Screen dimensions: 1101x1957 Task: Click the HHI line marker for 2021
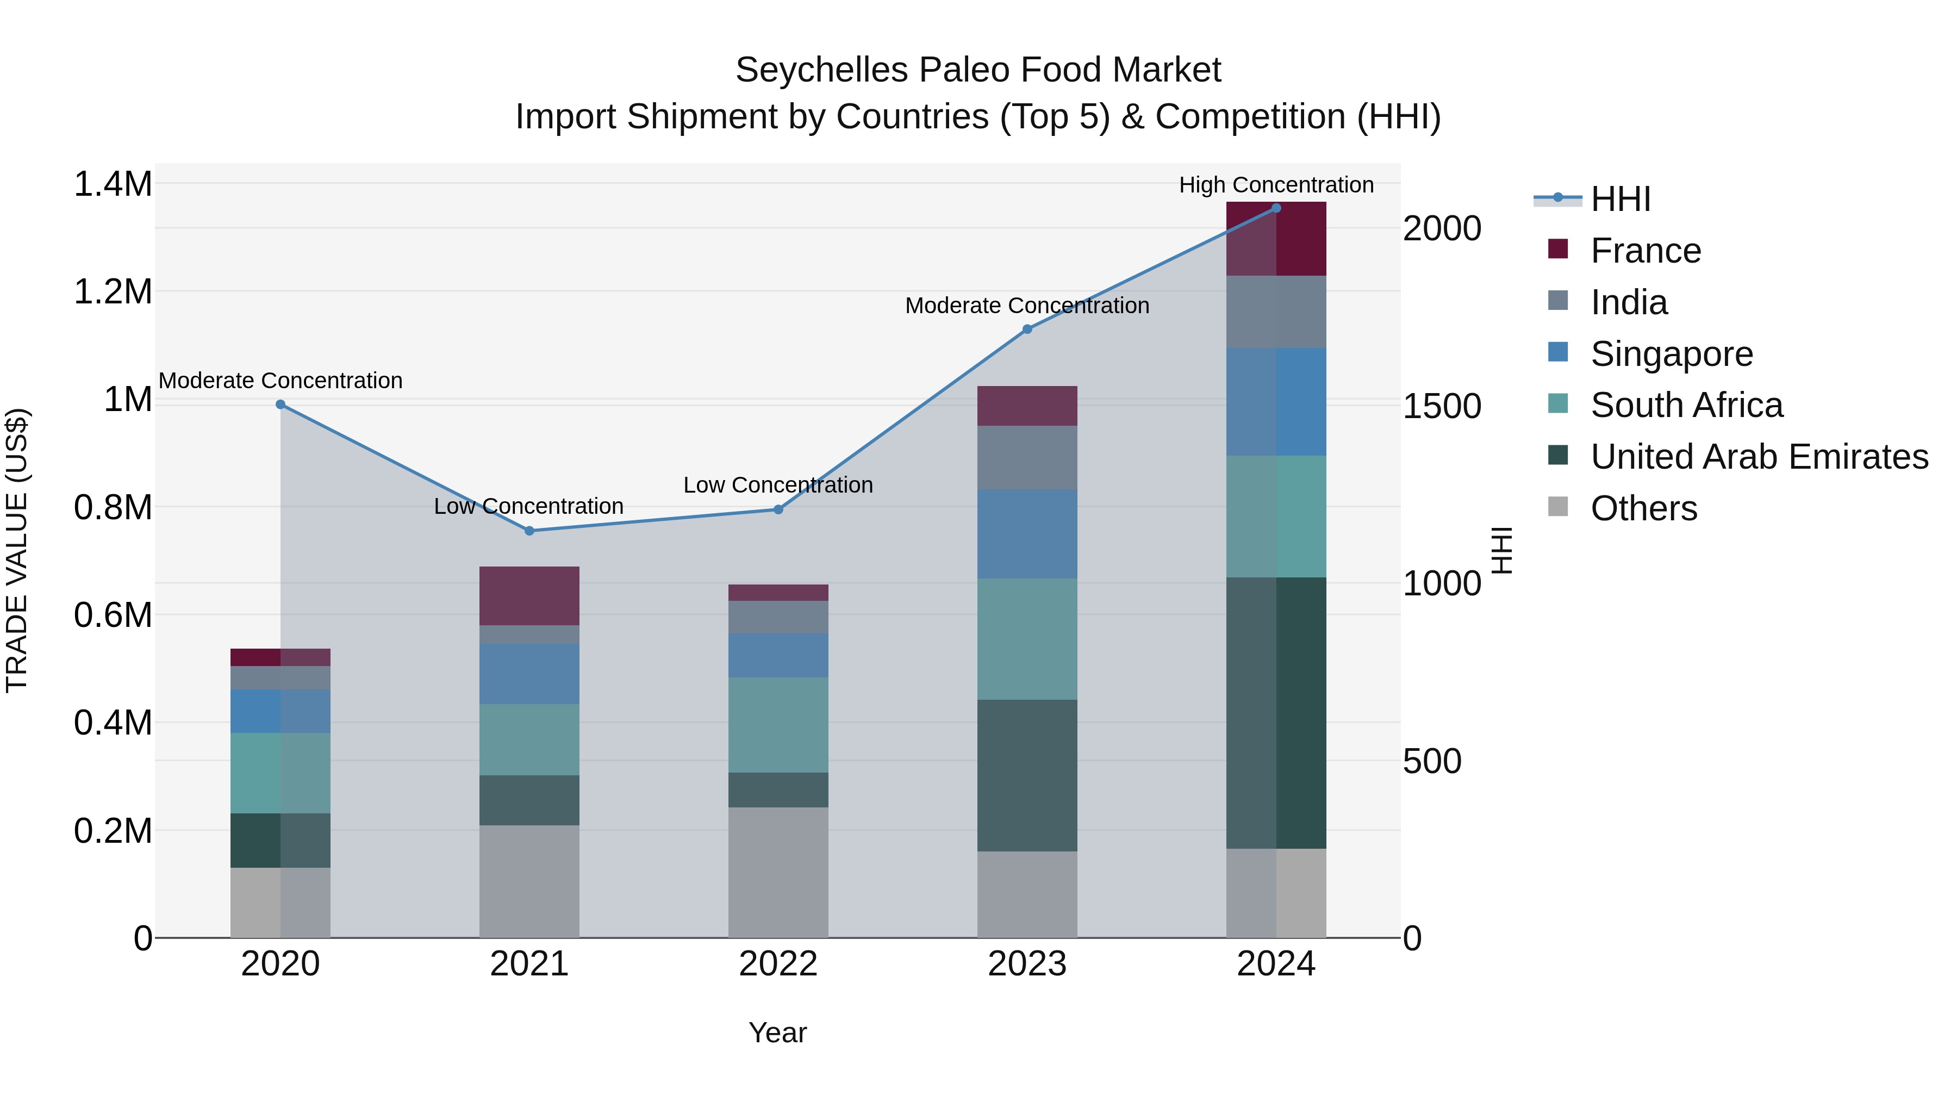529,530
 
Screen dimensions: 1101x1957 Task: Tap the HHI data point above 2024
1276,208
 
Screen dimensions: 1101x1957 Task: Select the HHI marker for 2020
281,404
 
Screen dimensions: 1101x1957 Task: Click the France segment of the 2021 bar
529,596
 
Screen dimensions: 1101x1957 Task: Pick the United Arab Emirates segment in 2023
1027,775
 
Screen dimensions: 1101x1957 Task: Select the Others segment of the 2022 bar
778,872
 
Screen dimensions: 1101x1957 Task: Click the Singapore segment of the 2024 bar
1276,402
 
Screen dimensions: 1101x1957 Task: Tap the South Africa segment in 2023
1027,639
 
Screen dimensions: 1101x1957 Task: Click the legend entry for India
1629,302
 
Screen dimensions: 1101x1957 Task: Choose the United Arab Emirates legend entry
1759,457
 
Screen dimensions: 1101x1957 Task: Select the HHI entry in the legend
1620,199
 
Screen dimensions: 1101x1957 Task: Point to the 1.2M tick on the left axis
113,292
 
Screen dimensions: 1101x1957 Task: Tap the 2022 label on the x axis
778,964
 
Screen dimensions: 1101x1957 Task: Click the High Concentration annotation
1276,185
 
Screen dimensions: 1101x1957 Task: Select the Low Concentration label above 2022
778,485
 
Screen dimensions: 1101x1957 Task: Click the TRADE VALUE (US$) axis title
17,550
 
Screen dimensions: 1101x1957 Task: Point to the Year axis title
777,1032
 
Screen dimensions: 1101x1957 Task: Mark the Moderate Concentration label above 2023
1027,306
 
